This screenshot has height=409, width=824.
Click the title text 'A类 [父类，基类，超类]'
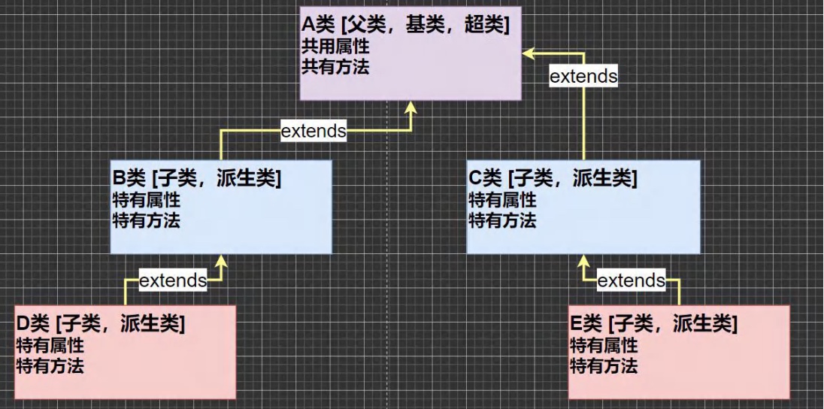pyautogui.click(x=405, y=26)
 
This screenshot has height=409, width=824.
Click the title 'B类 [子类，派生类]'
pyautogui.click(x=196, y=180)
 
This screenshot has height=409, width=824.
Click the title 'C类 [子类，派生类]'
pyautogui.click(x=553, y=180)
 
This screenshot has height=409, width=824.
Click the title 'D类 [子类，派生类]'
pyautogui.click(x=101, y=325)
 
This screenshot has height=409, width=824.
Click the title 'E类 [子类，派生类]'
pyautogui.click(x=653, y=325)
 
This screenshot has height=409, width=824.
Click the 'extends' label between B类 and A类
pyautogui.click(x=314, y=131)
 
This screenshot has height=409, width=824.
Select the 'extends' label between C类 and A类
pyautogui.click(x=583, y=76)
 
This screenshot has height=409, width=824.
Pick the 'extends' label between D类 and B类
pyautogui.click(x=173, y=281)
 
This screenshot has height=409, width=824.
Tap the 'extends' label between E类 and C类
pyautogui.click(x=631, y=281)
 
